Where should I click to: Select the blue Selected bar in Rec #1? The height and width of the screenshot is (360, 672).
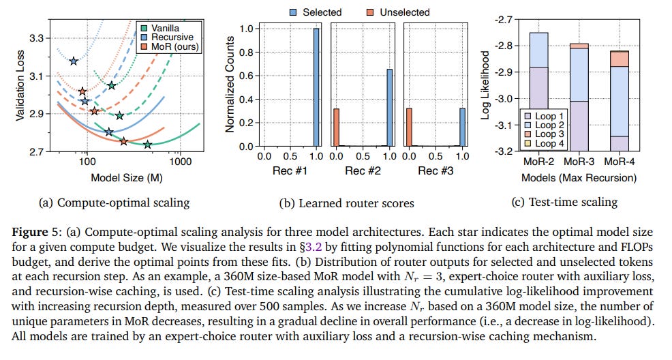(x=316, y=87)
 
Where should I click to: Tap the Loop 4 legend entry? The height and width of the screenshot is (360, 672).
(x=545, y=144)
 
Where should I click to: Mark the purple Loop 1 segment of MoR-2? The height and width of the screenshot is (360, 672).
(x=539, y=109)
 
